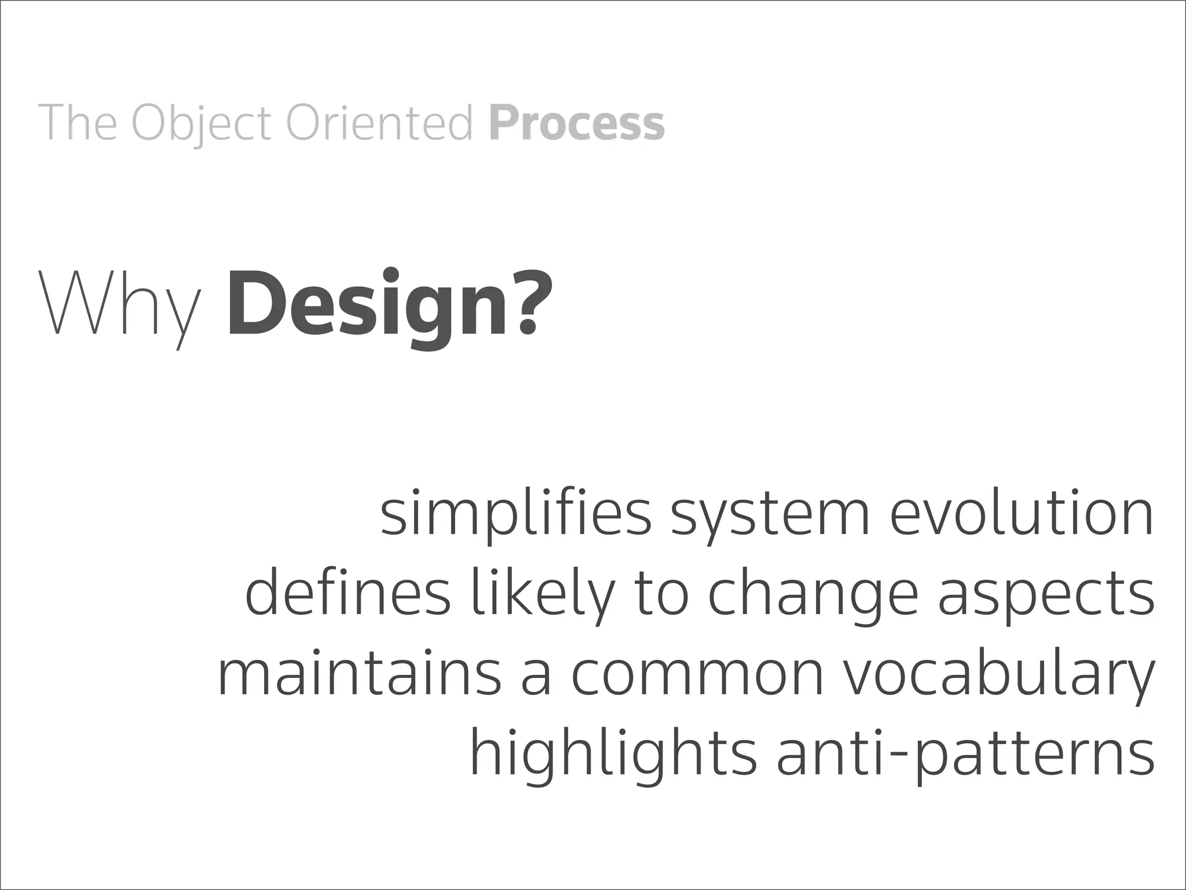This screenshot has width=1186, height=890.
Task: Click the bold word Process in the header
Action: pyautogui.click(x=576, y=123)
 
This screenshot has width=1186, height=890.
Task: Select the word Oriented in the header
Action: pyautogui.click(x=380, y=123)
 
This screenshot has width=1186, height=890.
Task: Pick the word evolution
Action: pyautogui.click(x=1022, y=513)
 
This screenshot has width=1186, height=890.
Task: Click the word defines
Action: pyautogui.click(x=347, y=594)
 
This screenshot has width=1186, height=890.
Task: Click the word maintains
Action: pyautogui.click(x=359, y=674)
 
